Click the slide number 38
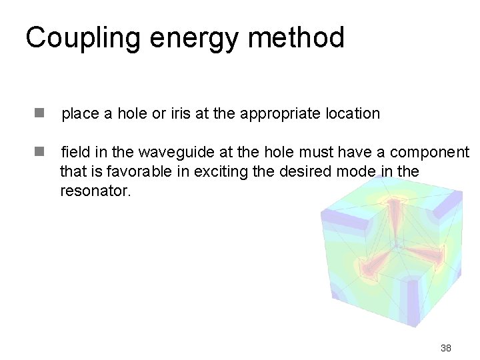(x=445, y=348)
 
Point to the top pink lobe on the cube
(x=397, y=213)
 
